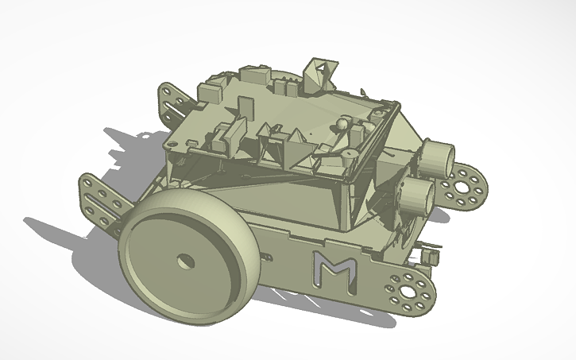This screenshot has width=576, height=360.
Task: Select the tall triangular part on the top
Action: [321, 73]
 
